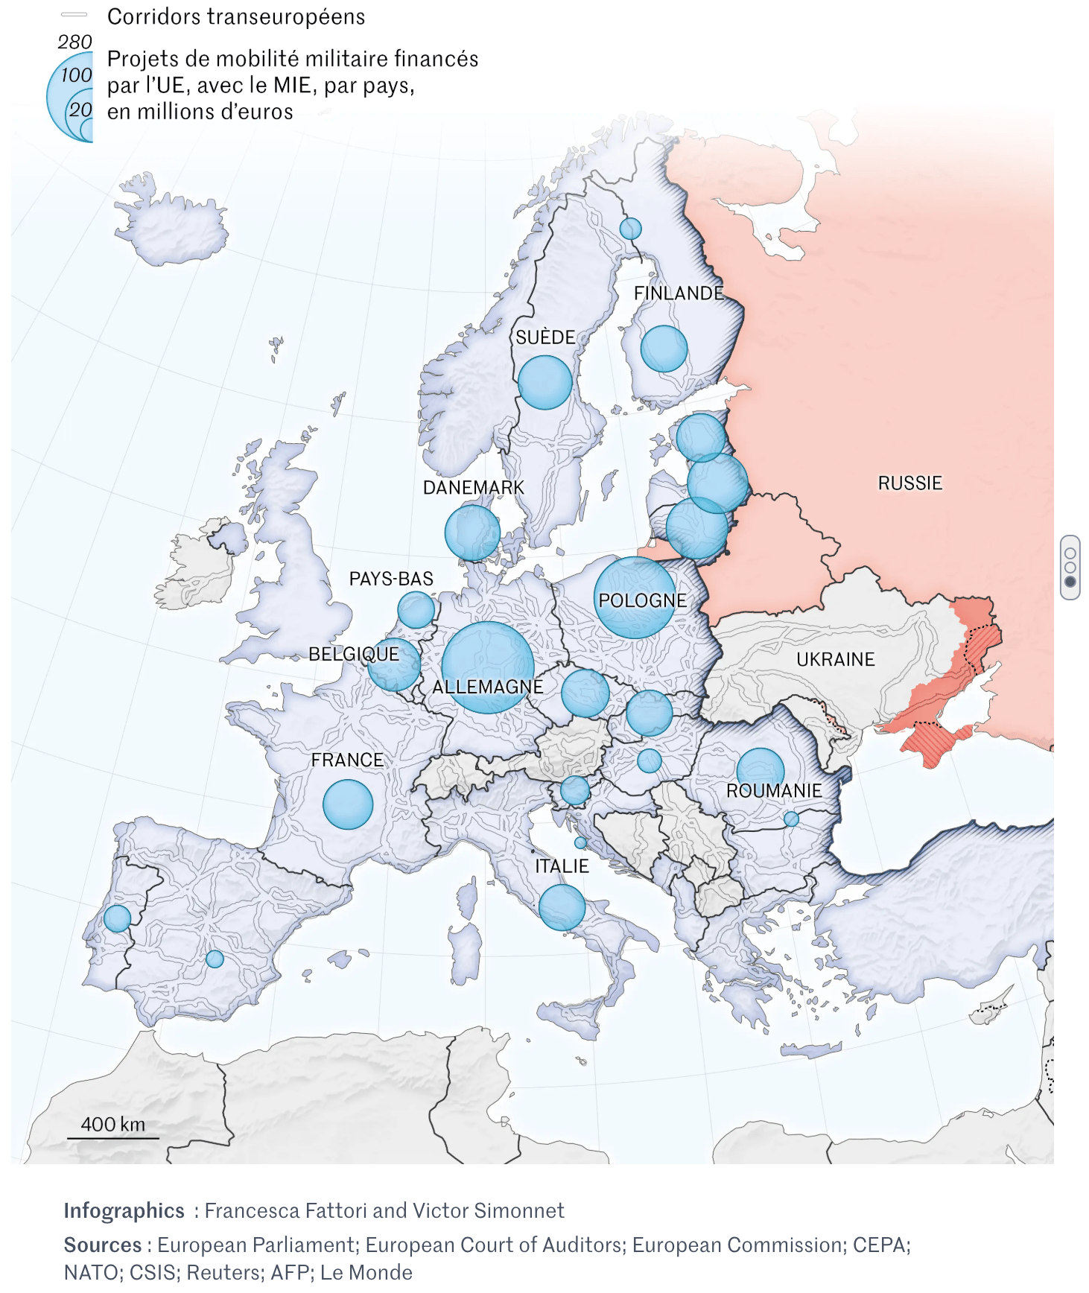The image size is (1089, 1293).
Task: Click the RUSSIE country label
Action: pyautogui.click(x=909, y=483)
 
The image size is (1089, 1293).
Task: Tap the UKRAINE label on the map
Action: pyautogui.click(x=835, y=659)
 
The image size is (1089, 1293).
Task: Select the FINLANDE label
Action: pyautogui.click(x=679, y=293)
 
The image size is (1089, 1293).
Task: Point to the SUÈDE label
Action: pyautogui.click(x=545, y=337)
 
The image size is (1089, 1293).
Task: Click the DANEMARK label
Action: pyautogui.click(x=474, y=488)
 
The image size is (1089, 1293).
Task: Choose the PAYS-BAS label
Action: pyautogui.click(x=391, y=579)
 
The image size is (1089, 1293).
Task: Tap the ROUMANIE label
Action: pyautogui.click(x=774, y=791)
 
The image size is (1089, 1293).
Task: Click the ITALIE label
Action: pyautogui.click(x=562, y=866)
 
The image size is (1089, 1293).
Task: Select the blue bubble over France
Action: pyautogui.click(x=348, y=804)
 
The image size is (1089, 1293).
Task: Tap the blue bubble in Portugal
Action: pyautogui.click(x=117, y=918)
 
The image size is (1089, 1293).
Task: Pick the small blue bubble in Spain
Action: pyautogui.click(x=215, y=959)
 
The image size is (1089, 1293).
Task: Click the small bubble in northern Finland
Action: pyautogui.click(x=630, y=229)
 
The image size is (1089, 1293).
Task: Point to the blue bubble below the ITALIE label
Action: pyautogui.click(x=562, y=907)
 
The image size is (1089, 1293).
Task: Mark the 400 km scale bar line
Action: pyautogui.click(x=113, y=1138)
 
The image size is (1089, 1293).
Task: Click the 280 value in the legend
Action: pyautogui.click(x=74, y=42)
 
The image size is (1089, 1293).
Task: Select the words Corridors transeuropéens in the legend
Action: pyautogui.click(x=236, y=17)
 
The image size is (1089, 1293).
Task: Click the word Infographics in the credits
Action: pyautogui.click(x=124, y=1211)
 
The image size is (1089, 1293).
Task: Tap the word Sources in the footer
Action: pyautogui.click(x=103, y=1245)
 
